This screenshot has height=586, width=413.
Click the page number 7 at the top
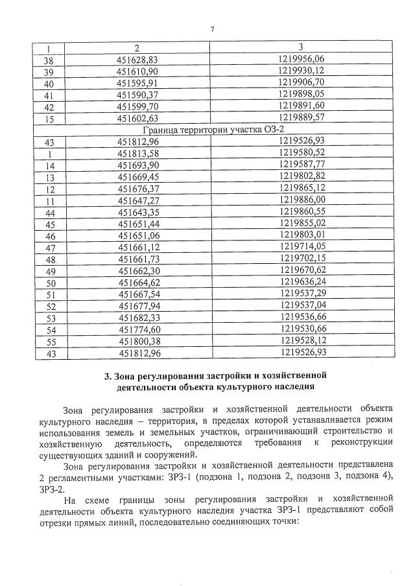(212, 28)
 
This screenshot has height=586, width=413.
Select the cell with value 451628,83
(137, 59)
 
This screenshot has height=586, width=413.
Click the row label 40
(49, 83)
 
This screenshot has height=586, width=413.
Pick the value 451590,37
(137, 95)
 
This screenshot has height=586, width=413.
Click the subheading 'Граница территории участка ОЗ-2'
(213, 130)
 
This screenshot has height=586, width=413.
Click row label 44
(49, 213)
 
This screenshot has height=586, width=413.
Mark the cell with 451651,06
(137, 236)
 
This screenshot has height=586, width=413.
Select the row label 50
(49, 283)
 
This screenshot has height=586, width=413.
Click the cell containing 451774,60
(137, 330)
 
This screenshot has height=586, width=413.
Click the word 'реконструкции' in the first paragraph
(360, 442)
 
